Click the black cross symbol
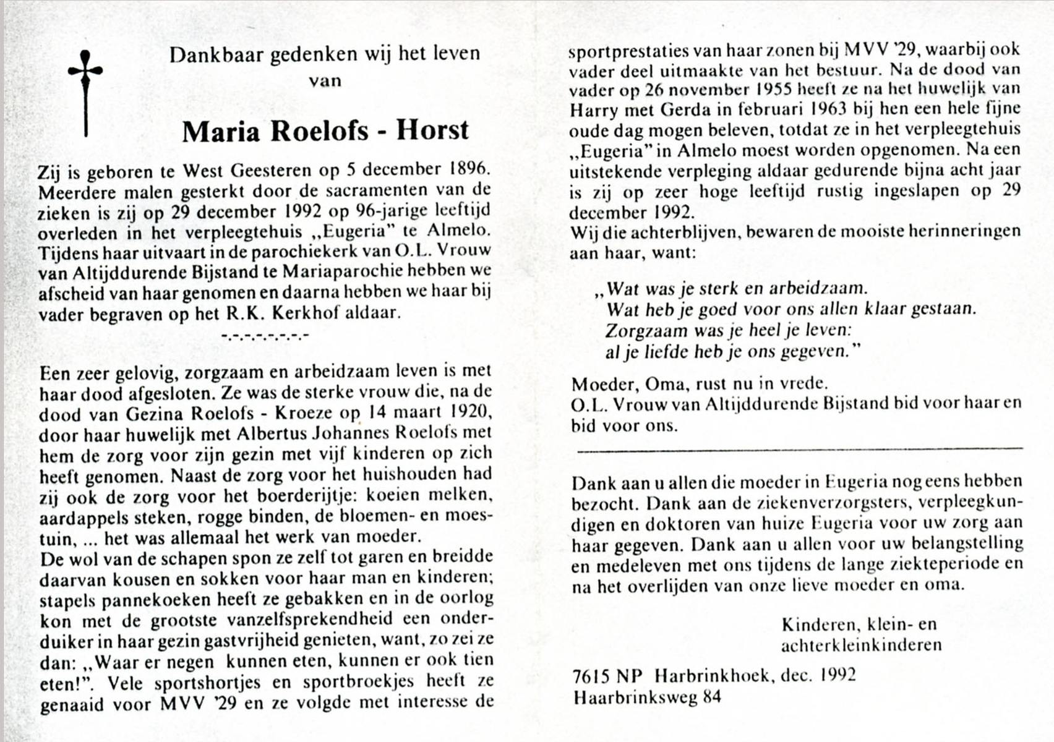tap(85, 93)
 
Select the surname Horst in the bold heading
tap(432, 130)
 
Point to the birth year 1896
tap(468, 169)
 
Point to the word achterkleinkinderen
tap(861, 646)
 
